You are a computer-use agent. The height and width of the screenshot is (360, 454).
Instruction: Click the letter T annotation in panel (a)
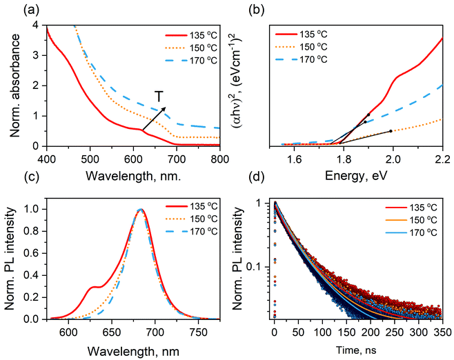(x=159, y=97)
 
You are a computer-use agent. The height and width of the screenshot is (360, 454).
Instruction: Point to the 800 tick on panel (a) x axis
(x=219, y=158)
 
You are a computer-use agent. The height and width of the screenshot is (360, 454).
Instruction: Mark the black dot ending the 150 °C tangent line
(x=390, y=131)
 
